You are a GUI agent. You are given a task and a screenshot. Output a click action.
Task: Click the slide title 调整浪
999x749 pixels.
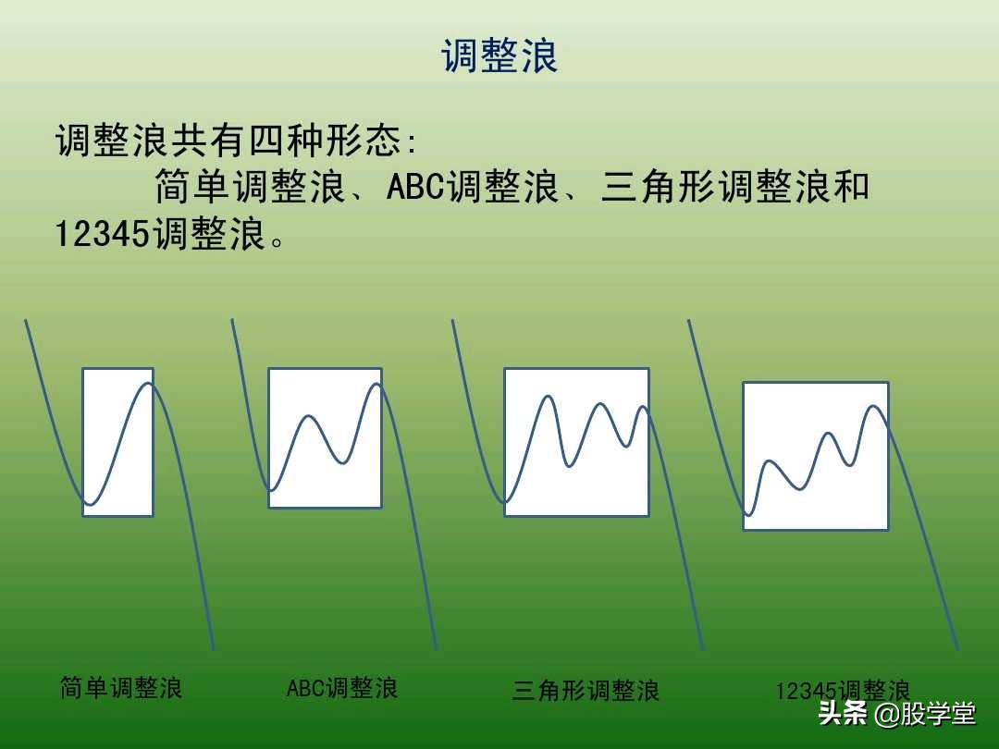(x=499, y=56)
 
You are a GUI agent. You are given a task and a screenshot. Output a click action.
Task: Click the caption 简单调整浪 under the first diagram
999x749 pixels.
(x=121, y=688)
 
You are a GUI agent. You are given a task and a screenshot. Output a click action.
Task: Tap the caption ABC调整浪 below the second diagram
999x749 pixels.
(x=342, y=688)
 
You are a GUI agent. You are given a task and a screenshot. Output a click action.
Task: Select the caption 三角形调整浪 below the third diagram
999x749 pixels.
(x=586, y=691)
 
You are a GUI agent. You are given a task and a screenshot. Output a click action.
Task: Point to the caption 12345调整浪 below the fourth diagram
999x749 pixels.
(x=843, y=691)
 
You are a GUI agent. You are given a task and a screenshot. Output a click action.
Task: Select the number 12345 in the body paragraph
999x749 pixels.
(x=103, y=234)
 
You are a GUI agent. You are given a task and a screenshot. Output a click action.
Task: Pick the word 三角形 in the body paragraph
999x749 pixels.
(x=658, y=187)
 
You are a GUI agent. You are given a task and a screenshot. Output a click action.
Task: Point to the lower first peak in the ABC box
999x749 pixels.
(x=309, y=416)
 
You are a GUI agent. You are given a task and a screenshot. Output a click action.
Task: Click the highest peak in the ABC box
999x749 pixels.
(x=376, y=384)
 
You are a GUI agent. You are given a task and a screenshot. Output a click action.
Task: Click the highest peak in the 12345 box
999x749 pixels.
(x=873, y=405)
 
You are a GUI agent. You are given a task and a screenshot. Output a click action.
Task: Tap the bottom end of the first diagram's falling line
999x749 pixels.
(x=213, y=648)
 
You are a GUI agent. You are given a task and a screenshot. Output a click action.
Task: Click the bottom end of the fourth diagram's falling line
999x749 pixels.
(x=958, y=648)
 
